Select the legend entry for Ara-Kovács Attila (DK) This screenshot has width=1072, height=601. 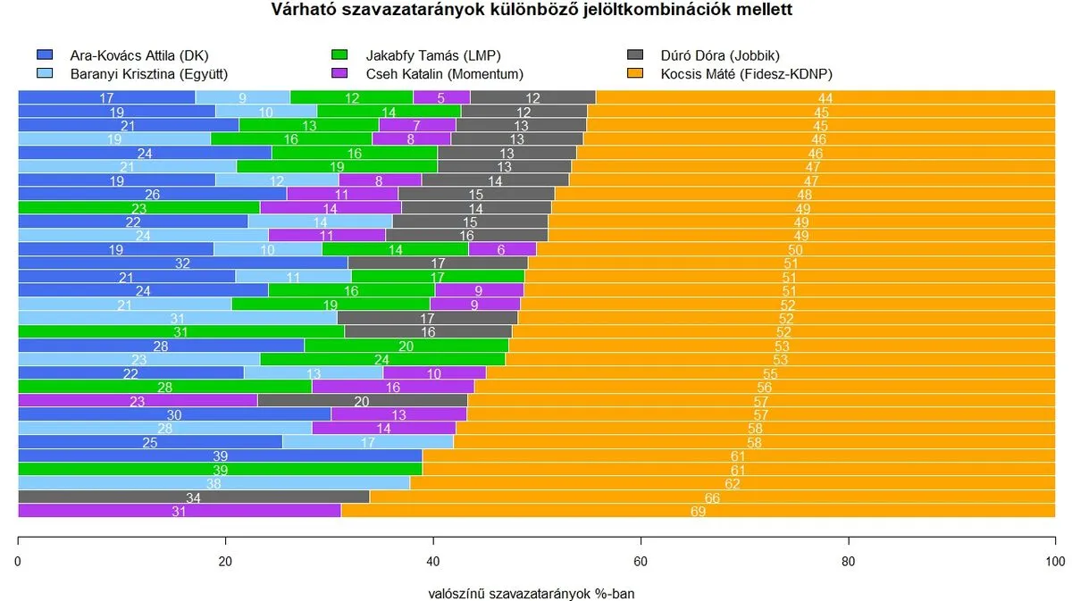click(x=138, y=55)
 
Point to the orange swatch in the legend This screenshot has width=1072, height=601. click(x=635, y=73)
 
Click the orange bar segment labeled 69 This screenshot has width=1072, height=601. click(x=698, y=511)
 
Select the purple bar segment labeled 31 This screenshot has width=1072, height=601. click(x=179, y=511)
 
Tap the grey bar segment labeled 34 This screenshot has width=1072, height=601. click(x=193, y=497)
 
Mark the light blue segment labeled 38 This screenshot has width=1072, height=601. click(x=214, y=483)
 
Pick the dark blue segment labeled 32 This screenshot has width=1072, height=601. click(x=183, y=263)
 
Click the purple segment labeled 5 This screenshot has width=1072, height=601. click(x=441, y=97)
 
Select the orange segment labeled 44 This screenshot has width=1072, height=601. click(x=825, y=97)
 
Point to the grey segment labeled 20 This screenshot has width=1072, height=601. click(x=362, y=400)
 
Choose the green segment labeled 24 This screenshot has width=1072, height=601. click(x=382, y=359)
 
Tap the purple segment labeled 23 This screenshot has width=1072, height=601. click(x=138, y=400)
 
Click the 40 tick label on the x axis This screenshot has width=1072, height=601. click(x=433, y=562)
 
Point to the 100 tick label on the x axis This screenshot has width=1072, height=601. click(x=1054, y=562)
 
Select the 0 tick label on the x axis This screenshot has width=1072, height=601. click(x=19, y=562)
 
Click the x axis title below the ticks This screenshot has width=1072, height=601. click(x=532, y=592)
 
